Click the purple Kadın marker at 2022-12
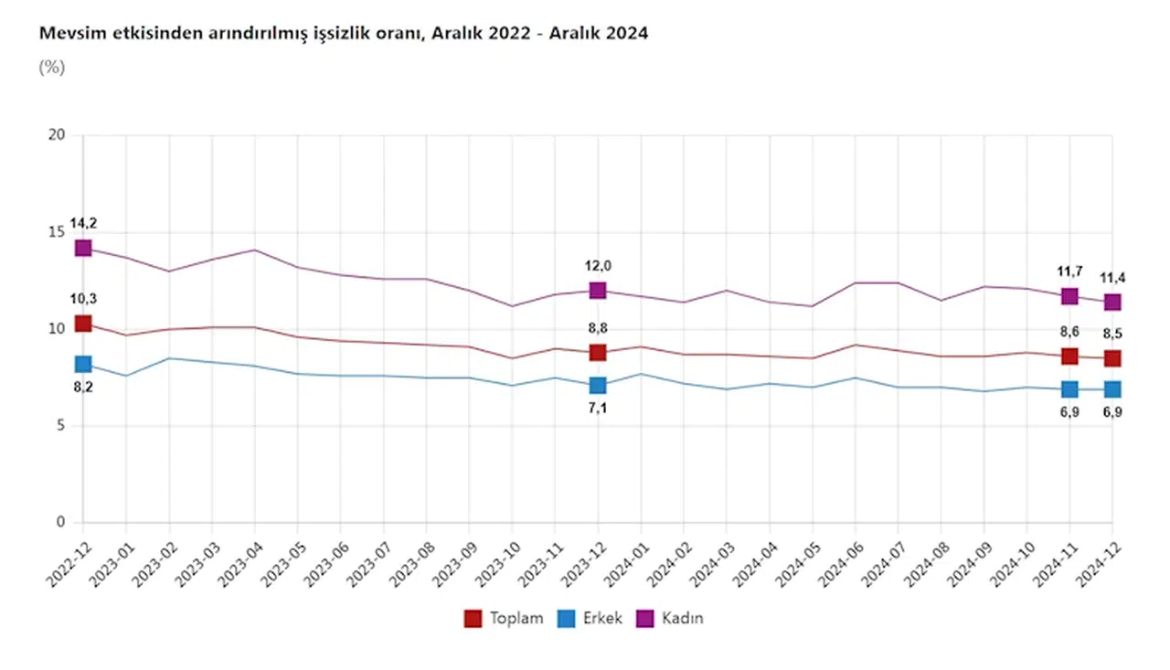tap(83, 248)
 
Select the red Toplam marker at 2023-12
tap(598, 353)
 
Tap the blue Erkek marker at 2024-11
tap(1069, 389)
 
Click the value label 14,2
tap(83, 223)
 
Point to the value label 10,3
tap(83, 299)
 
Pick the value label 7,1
tap(598, 409)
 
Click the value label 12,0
tap(598, 266)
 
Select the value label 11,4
tap(1112, 278)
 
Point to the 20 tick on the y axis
tap(58, 135)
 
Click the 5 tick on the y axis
tap(61, 426)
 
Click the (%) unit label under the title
tap(51, 67)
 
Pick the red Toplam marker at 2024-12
tap(1112, 358)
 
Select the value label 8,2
tap(83, 388)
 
